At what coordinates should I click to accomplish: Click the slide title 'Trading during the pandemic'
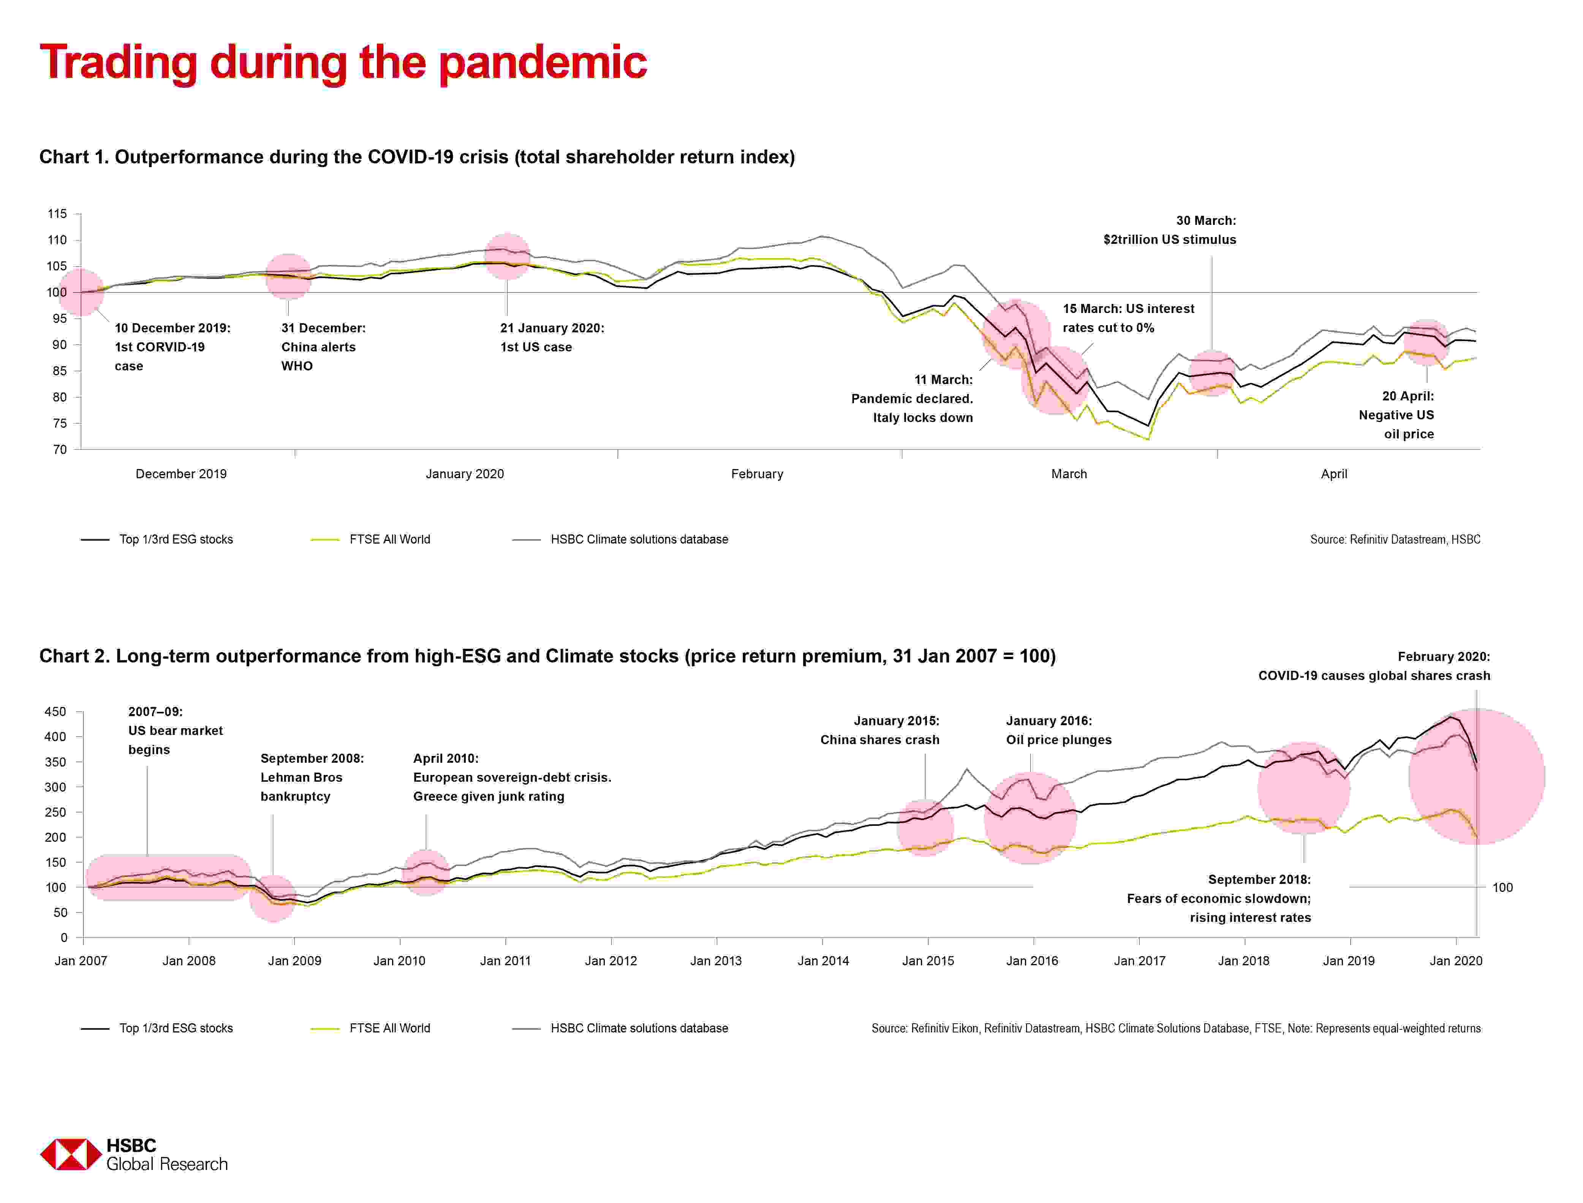[344, 63]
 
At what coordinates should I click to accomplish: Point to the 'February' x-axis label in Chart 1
[757, 474]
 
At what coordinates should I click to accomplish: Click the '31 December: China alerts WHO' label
[323, 346]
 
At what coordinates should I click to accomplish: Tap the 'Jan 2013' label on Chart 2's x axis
[716, 961]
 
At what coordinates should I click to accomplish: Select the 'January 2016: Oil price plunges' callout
[1058, 730]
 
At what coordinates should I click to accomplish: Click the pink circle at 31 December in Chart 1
[288, 277]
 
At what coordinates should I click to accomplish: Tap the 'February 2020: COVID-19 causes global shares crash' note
[1374, 666]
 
